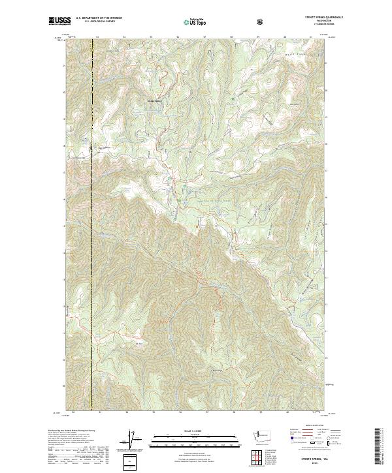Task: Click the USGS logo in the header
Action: click(x=60, y=21)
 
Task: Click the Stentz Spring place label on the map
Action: click(x=154, y=100)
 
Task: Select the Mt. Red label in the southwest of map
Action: click(x=138, y=343)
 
